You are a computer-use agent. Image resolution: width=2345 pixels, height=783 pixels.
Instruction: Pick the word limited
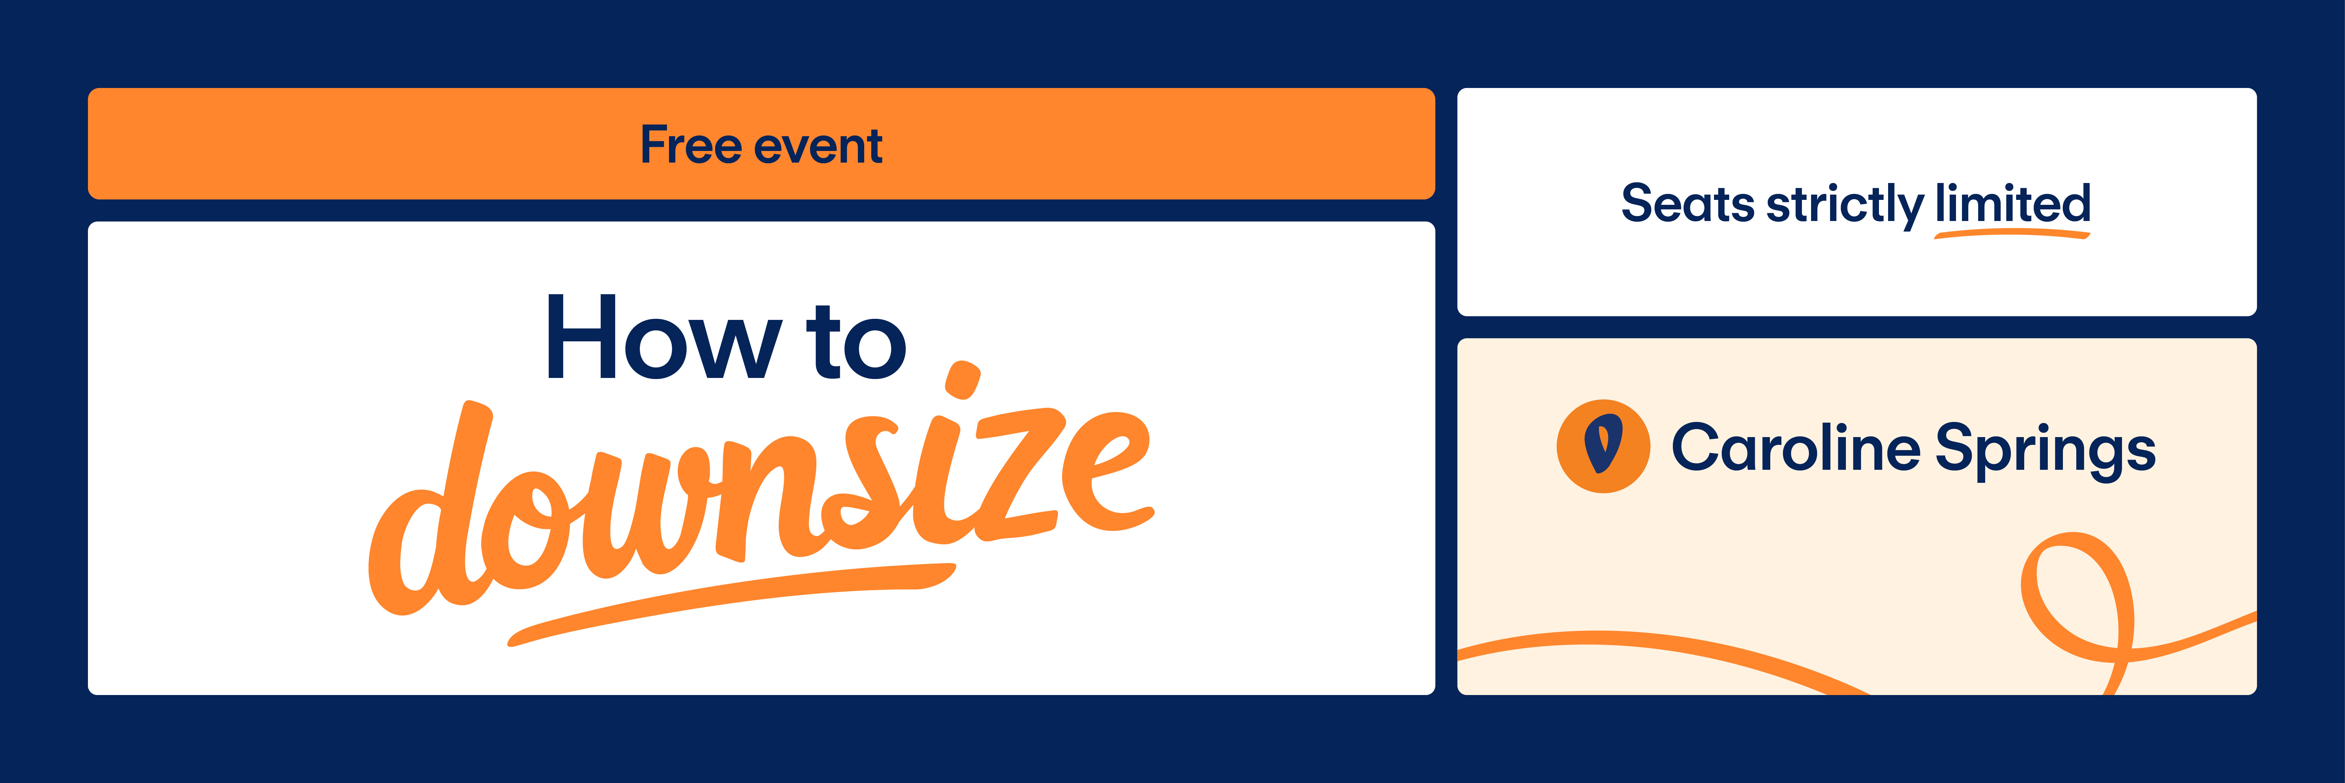pos(2013,202)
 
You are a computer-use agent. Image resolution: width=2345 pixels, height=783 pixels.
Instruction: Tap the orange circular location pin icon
pos(1603,446)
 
